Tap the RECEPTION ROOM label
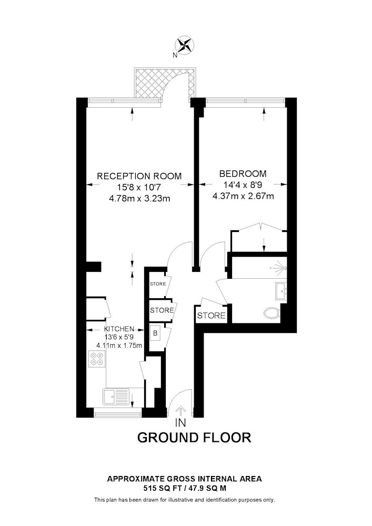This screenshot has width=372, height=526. click(139, 176)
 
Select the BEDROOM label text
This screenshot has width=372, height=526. click(243, 174)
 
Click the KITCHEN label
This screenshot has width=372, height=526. click(119, 329)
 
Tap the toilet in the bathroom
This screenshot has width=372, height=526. click(272, 313)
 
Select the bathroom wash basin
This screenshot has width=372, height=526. click(281, 291)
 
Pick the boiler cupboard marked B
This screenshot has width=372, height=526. click(155, 333)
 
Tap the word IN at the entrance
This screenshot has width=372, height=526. click(180, 423)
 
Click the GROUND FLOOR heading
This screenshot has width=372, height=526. click(194, 438)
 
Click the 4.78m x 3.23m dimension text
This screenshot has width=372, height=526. click(139, 199)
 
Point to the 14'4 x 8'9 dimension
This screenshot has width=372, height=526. click(243, 185)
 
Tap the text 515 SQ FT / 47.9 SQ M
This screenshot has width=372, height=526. click(184, 488)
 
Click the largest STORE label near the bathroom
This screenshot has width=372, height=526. click(211, 315)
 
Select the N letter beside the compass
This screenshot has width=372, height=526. click(175, 56)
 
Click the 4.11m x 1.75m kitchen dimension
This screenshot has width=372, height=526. click(119, 345)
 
